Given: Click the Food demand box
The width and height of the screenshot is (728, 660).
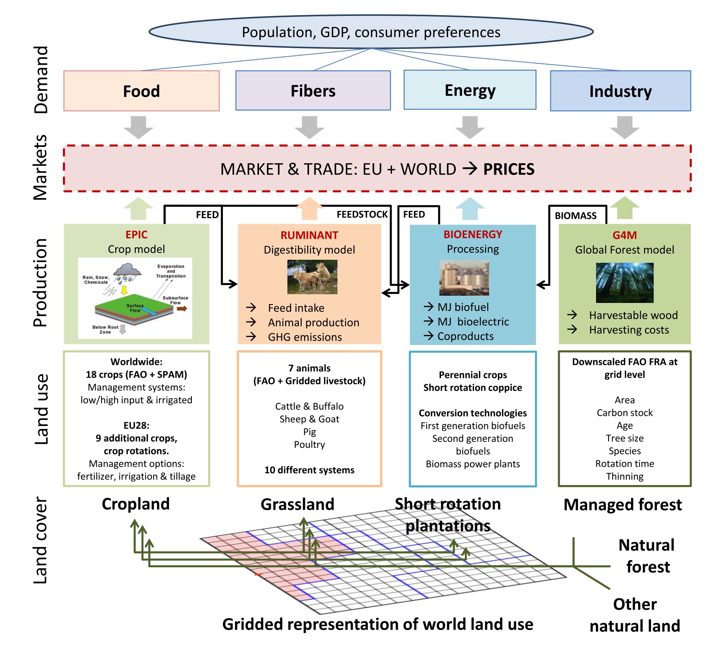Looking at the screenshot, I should tap(141, 91).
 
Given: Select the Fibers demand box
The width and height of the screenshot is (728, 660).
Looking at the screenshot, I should tap(313, 90).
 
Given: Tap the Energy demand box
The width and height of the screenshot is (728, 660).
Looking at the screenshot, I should tap(470, 90).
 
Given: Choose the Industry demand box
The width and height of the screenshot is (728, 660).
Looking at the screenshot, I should tap(620, 91).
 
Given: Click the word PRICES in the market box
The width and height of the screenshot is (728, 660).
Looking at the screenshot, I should tap(509, 169).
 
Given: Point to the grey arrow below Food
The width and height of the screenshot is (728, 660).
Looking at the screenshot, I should tap(138, 127).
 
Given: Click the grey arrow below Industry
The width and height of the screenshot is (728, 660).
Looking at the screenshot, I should tap(625, 127).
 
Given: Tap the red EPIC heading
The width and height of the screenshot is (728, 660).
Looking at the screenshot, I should tap(136, 235).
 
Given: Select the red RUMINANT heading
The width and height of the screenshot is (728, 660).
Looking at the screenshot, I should tap(309, 235).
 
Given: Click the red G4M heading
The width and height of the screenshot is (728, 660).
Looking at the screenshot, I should tap(624, 235).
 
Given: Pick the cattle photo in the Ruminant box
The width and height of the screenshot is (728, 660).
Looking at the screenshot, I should tap(312, 277).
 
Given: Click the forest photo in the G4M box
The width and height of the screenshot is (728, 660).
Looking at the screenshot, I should tap(624, 282).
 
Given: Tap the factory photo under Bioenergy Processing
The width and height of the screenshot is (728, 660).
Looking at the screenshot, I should tap(464, 278).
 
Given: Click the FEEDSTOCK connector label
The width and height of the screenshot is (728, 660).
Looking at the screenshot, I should tap(362, 214).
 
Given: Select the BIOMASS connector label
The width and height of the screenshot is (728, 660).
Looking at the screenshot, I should tap(576, 216).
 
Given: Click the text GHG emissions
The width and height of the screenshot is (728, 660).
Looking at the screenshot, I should tap(305, 337).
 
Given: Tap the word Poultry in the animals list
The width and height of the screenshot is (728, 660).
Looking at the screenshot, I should tap(309, 445).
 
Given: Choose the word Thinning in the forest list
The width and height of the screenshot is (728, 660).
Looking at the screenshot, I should tap(624, 476).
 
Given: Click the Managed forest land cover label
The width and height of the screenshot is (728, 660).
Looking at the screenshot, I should tap(623, 505).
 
